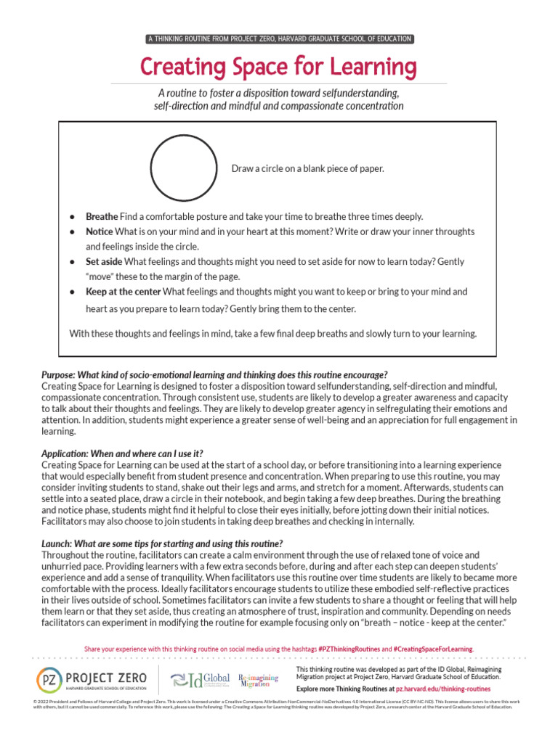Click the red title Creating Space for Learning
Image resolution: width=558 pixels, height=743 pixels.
[x=278, y=67]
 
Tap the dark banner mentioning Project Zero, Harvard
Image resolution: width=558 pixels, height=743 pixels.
[x=278, y=38]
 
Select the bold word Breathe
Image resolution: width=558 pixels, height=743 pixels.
[x=102, y=217]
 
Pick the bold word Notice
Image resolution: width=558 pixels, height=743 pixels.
[x=100, y=231]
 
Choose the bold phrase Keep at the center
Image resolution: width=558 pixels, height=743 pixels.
[x=124, y=292]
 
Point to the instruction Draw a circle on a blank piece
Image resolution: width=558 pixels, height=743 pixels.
[x=307, y=168]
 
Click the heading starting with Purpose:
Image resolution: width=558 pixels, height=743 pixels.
[x=214, y=374]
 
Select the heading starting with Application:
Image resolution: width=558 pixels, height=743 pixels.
[x=122, y=453]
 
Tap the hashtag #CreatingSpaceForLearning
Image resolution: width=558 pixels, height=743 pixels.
[x=433, y=648]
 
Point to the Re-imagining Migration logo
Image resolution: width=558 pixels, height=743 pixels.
[x=258, y=680]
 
